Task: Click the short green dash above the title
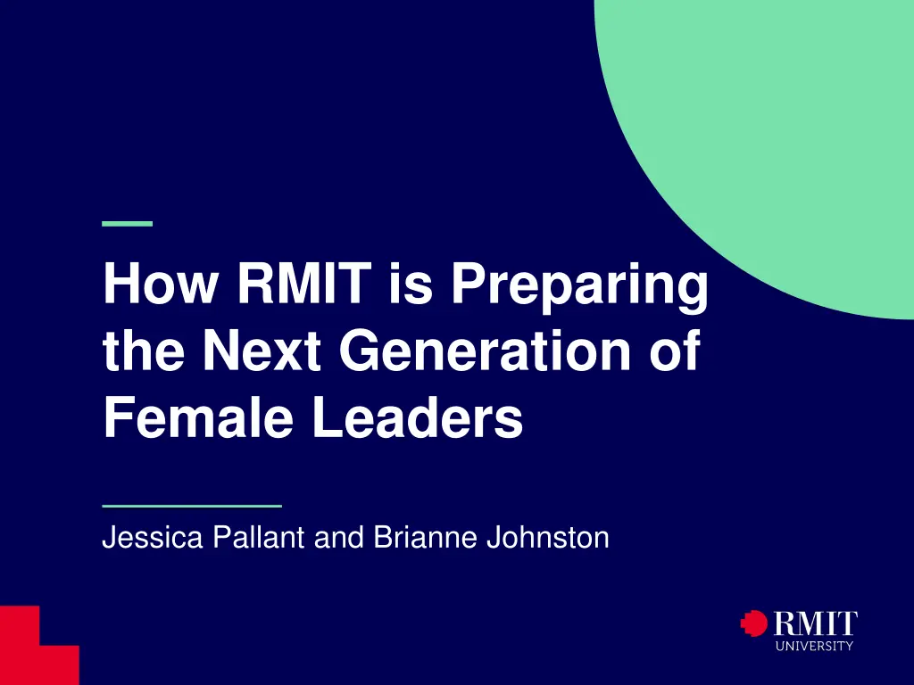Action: [x=128, y=223]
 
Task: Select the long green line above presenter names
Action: [x=192, y=505]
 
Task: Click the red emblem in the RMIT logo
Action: [x=754, y=623]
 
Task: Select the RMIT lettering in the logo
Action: [x=815, y=623]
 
